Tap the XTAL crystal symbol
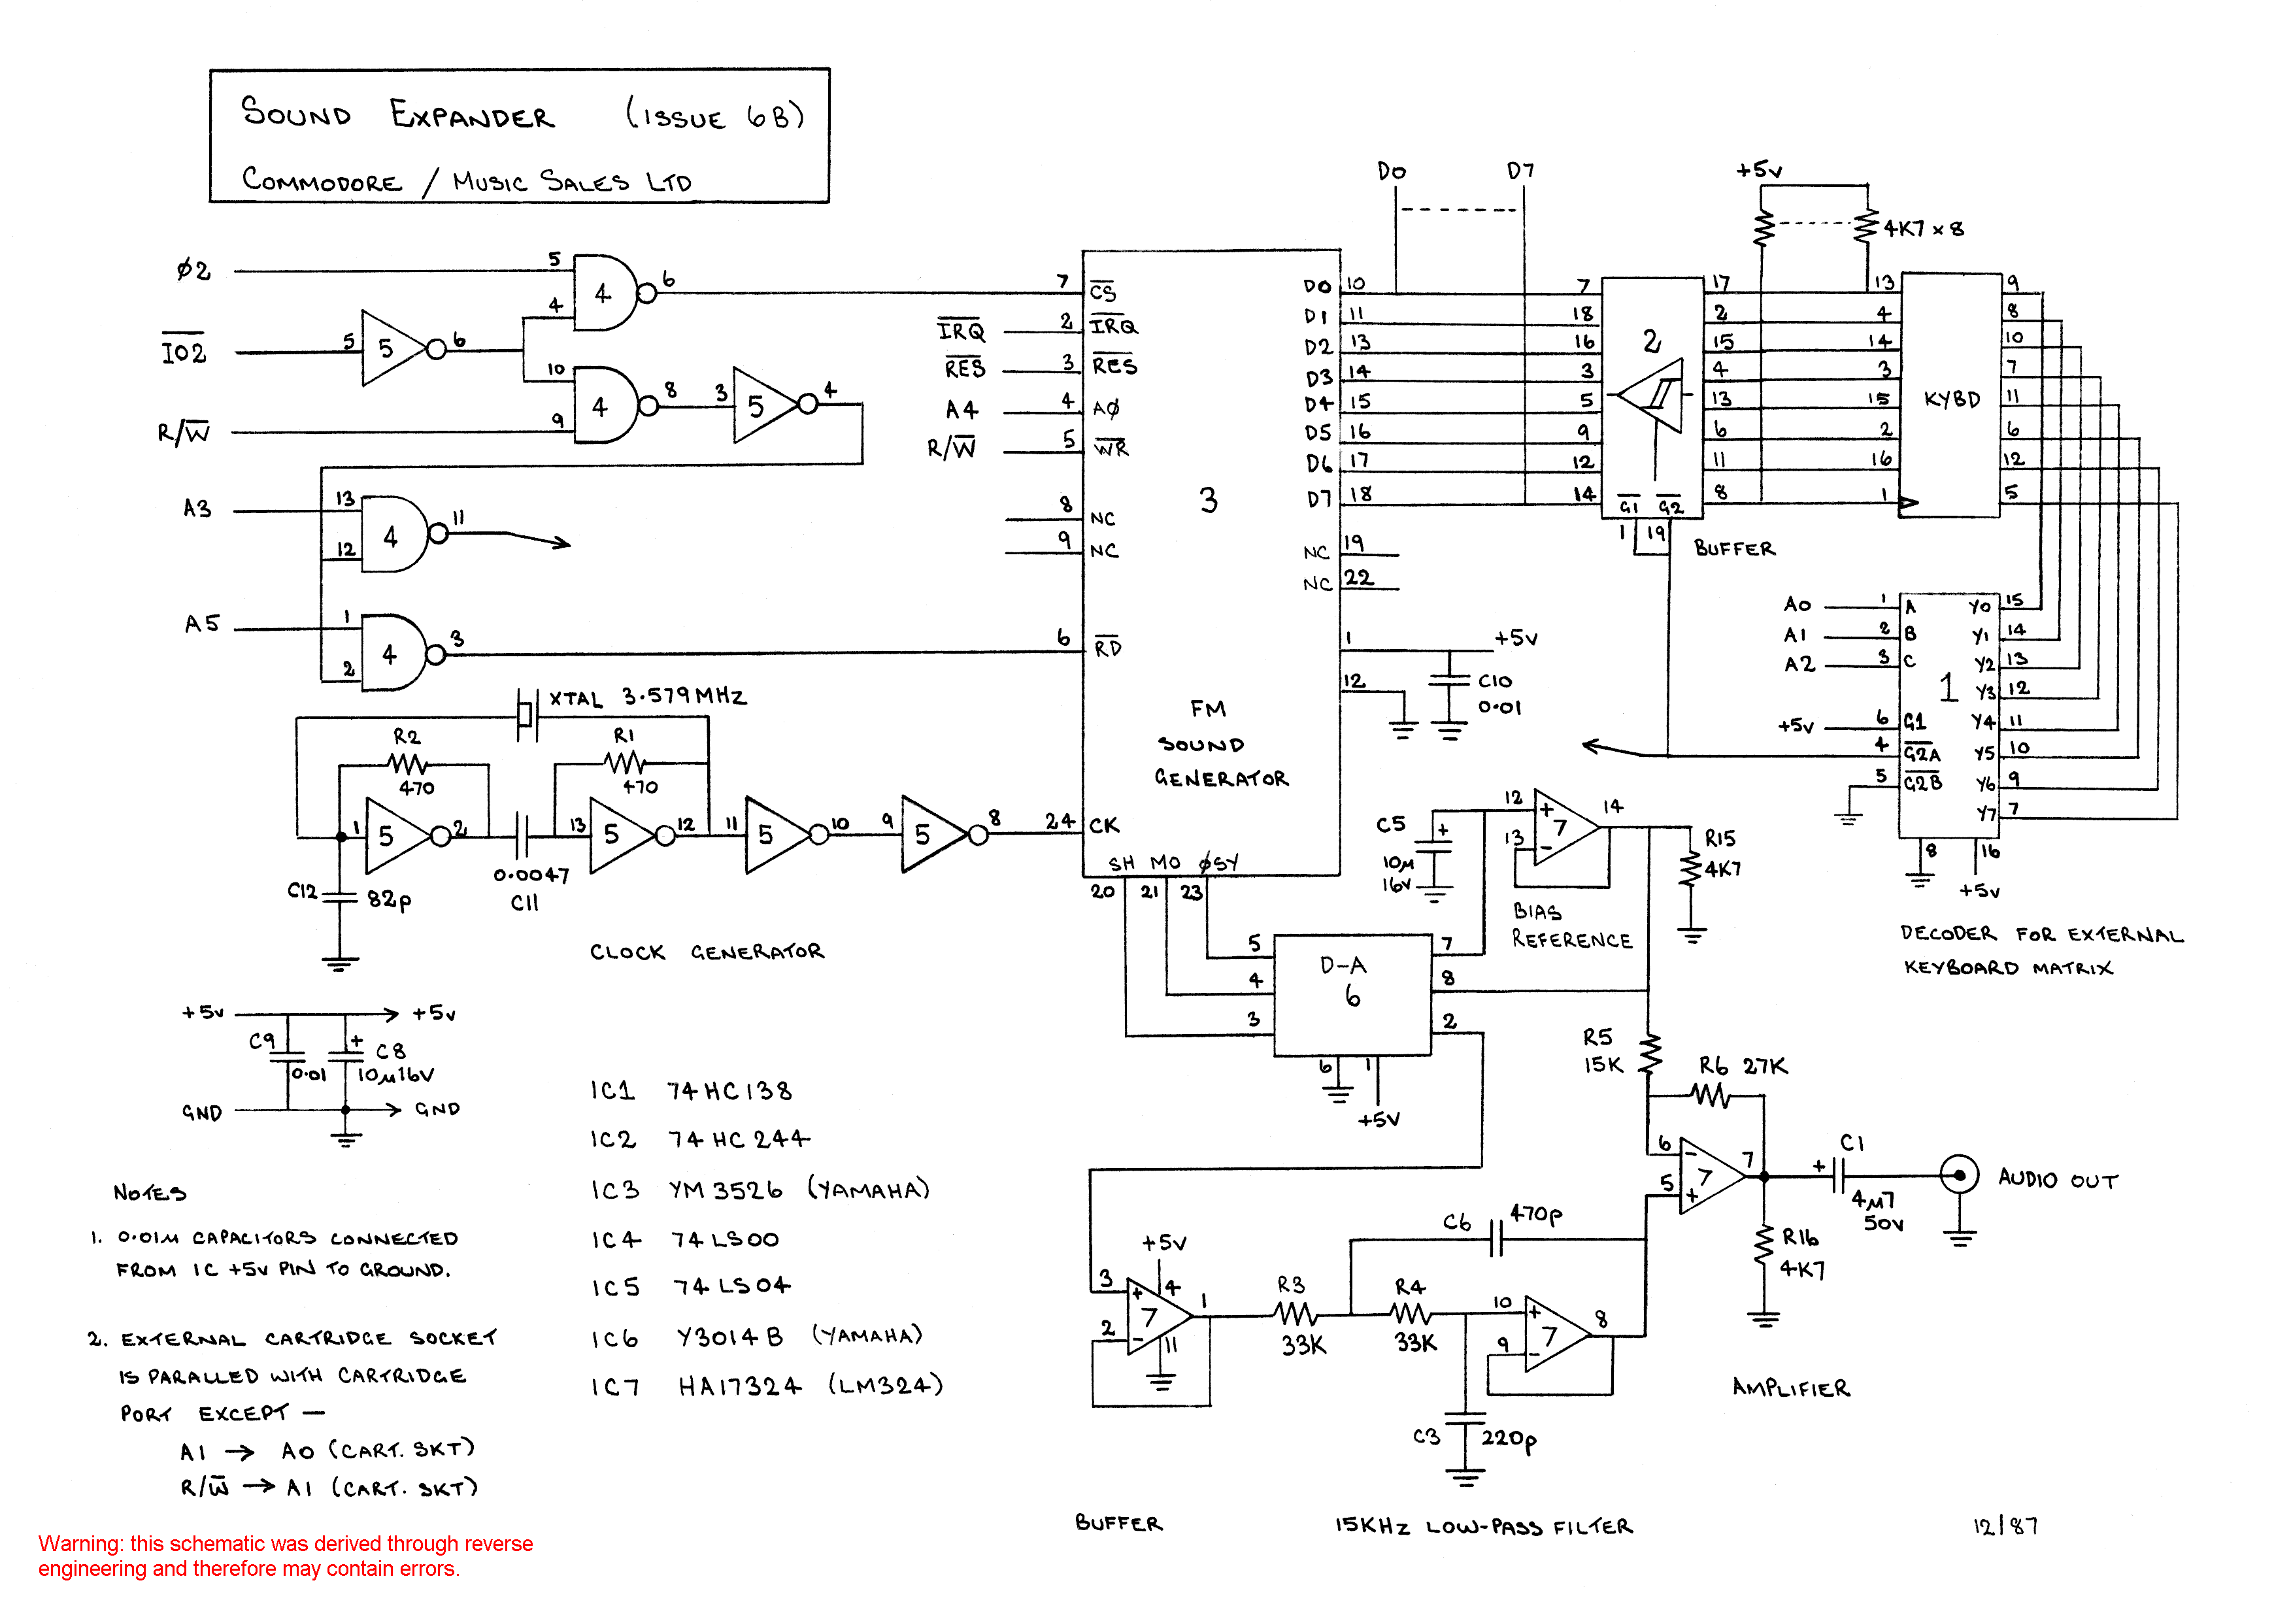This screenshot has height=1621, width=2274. point(526,714)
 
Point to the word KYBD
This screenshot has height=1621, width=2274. point(1952,399)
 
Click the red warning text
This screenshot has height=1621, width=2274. point(286,1556)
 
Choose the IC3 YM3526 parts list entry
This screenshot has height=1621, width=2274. point(759,1190)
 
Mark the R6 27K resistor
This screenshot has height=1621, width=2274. point(1712,1096)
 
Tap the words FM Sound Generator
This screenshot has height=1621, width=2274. point(1220,744)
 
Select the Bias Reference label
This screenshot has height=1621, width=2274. point(1570,926)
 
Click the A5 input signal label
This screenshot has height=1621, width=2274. point(201,624)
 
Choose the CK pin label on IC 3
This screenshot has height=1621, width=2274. point(1103,826)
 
